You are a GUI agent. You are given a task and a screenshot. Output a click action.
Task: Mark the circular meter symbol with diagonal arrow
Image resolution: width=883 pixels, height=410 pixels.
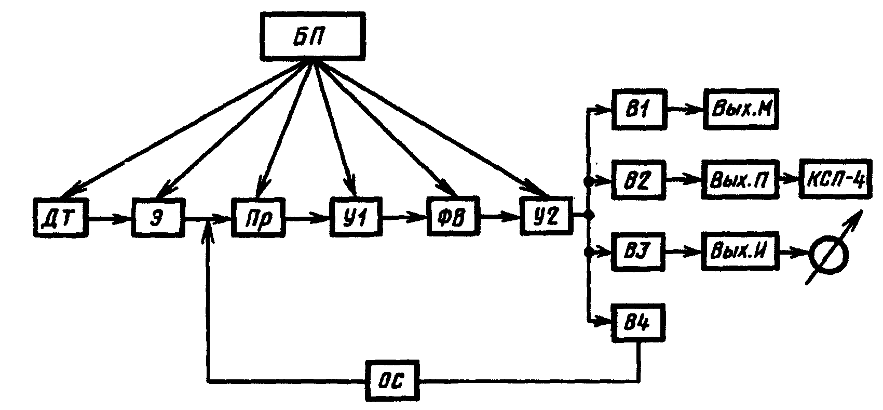click(x=829, y=253)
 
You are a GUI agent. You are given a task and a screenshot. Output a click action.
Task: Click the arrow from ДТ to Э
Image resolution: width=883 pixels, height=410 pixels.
click(x=110, y=219)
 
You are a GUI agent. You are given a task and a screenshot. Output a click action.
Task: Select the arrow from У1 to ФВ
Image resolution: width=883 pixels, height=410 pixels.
click(x=404, y=219)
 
